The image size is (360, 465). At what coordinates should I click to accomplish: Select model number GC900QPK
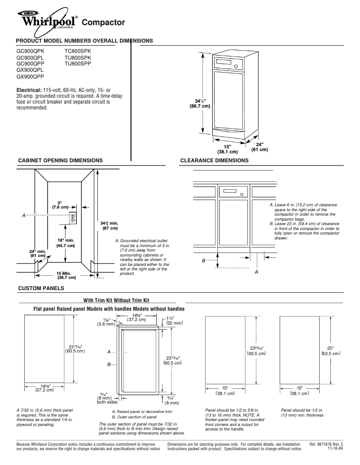coord(30,51)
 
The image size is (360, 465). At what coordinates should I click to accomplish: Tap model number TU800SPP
coord(78,64)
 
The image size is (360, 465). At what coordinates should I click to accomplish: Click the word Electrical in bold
coord(29,90)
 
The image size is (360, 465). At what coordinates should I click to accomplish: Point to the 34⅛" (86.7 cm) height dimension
coord(199,104)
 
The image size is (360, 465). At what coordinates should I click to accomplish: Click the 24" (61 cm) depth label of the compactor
coord(259,147)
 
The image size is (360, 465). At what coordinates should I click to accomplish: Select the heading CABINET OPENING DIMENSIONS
coord(60,161)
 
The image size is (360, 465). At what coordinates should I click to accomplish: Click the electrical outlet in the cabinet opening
coord(72,218)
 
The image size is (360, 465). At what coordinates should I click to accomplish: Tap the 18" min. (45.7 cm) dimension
coord(65,242)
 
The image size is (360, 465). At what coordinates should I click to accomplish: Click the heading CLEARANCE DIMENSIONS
coord(214,161)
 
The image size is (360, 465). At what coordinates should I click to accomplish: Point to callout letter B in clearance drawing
coord(204,261)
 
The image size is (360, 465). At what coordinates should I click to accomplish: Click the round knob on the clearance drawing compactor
coord(242,195)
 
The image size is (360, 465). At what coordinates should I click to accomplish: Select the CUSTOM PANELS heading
coord(40,287)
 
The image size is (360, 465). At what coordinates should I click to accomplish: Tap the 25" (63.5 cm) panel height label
coord(331,350)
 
